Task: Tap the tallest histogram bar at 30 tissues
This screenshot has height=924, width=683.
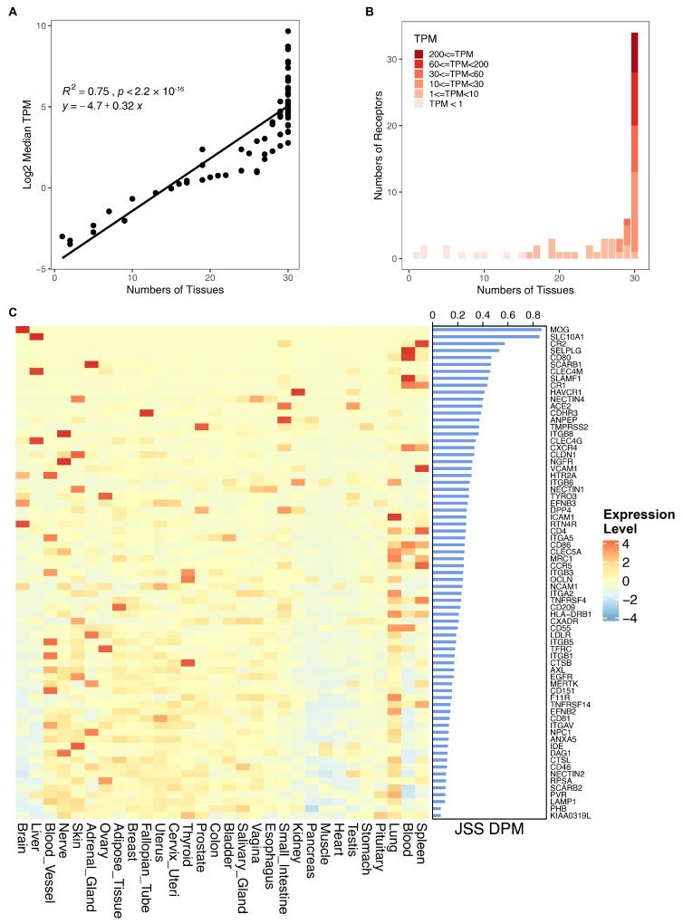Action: click(634, 145)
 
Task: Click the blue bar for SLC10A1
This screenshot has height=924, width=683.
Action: click(486, 338)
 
